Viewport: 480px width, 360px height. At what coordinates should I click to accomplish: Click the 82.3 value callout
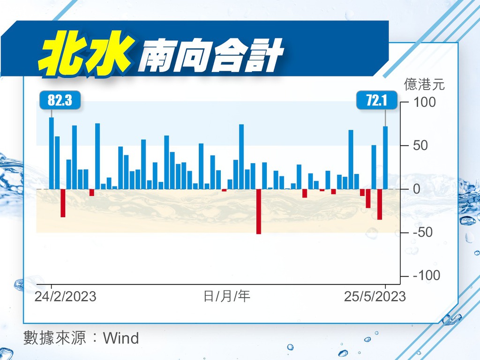60,100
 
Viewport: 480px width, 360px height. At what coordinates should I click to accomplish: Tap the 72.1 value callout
377,100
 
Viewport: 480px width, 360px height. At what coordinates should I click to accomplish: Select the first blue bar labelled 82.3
52,153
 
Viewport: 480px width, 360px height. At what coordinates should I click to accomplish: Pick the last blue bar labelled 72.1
385,157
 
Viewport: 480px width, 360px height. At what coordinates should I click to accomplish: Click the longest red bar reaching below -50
259,211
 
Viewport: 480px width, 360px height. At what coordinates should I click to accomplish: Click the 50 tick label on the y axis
420,145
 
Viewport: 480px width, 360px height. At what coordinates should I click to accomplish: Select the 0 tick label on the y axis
417,189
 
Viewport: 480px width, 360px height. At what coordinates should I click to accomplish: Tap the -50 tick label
423,232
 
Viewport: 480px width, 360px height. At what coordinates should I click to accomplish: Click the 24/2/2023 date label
66,296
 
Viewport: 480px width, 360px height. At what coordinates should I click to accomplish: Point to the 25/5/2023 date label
375,296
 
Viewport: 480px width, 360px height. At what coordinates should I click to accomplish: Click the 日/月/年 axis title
227,296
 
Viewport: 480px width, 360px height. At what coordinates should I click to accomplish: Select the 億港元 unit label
424,84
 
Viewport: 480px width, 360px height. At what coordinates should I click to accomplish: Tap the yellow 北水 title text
86,53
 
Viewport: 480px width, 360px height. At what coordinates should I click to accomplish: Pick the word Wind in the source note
121,338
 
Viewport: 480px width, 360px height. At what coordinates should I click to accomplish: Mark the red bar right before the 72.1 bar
380,204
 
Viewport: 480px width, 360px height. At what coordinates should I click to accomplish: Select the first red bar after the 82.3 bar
63,203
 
